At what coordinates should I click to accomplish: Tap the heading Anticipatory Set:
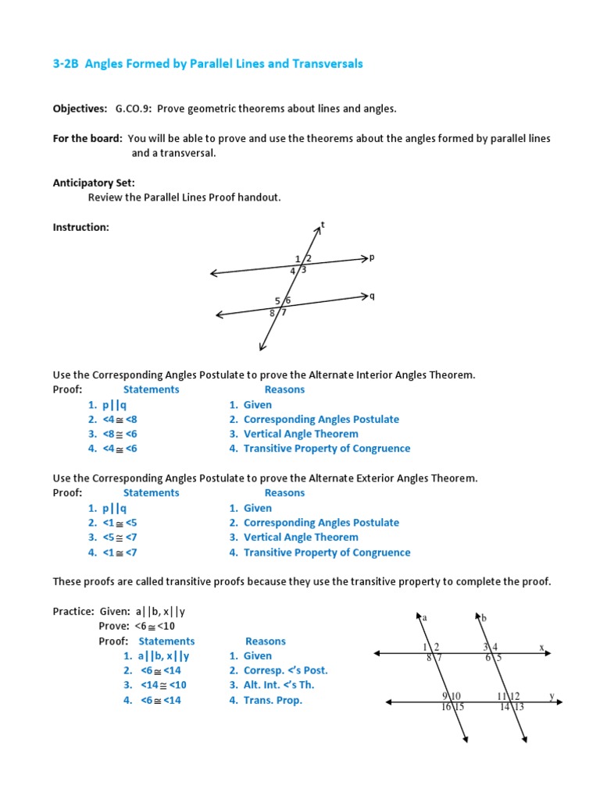[x=94, y=183]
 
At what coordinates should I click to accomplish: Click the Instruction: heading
[x=80, y=227]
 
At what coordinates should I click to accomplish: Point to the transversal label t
[x=323, y=225]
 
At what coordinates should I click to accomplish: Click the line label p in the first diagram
[x=372, y=256]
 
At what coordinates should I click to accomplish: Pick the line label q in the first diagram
[x=372, y=296]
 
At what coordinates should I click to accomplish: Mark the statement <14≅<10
[x=163, y=685]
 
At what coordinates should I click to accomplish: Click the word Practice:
[x=73, y=613]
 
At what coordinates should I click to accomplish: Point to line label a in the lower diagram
[x=424, y=618]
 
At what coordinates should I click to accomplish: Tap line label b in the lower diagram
[x=484, y=618]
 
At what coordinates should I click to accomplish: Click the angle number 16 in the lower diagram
[x=446, y=707]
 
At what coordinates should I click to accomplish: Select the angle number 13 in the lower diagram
[x=519, y=707]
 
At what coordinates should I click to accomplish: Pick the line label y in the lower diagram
[x=552, y=695]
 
